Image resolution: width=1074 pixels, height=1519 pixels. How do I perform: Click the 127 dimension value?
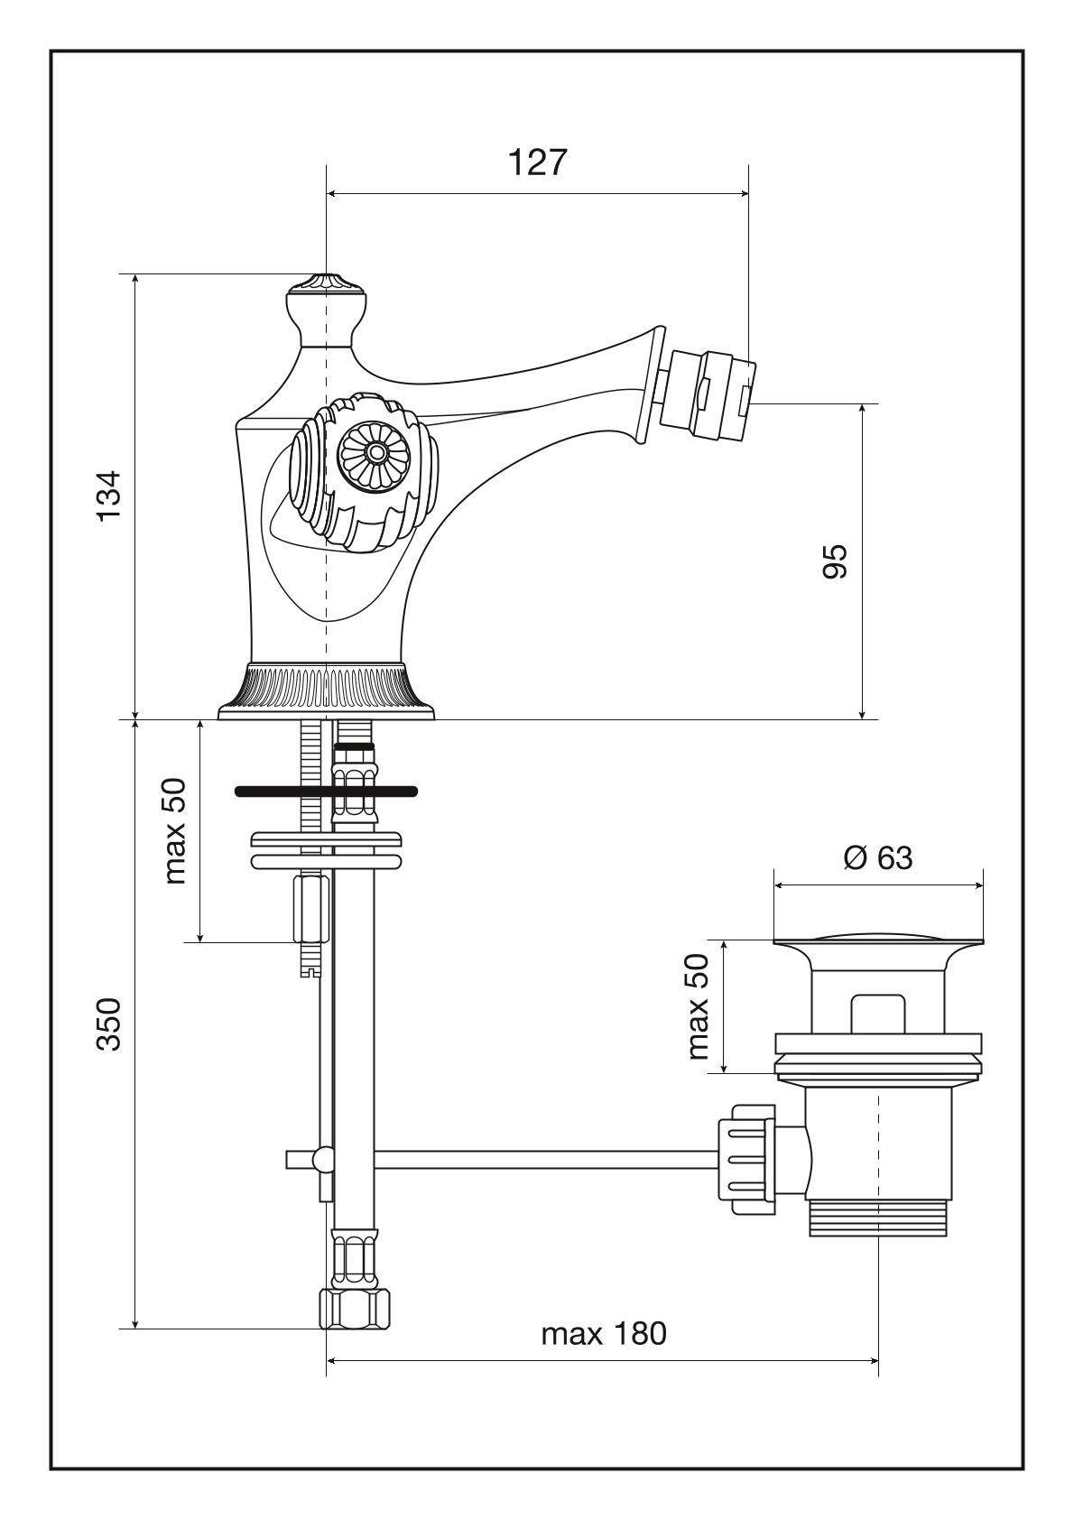tap(538, 163)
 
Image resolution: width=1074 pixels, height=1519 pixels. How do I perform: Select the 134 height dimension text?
tap(109, 495)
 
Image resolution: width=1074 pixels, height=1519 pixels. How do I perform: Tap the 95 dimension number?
tap(834, 561)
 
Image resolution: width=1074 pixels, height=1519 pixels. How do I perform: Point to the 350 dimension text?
tap(109, 1023)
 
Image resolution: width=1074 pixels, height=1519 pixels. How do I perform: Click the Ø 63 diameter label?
tap(877, 857)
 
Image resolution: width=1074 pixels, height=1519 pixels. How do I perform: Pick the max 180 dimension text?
tap(604, 1333)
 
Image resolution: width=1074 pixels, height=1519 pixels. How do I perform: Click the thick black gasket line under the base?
tap(326, 792)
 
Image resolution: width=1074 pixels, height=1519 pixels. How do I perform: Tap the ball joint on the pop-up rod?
tap(321, 1160)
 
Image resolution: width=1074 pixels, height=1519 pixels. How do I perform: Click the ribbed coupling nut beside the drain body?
tap(747, 1160)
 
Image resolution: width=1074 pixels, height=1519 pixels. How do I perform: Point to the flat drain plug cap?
tap(877, 942)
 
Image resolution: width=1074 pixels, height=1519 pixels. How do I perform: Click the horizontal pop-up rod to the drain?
tap(542, 1160)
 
